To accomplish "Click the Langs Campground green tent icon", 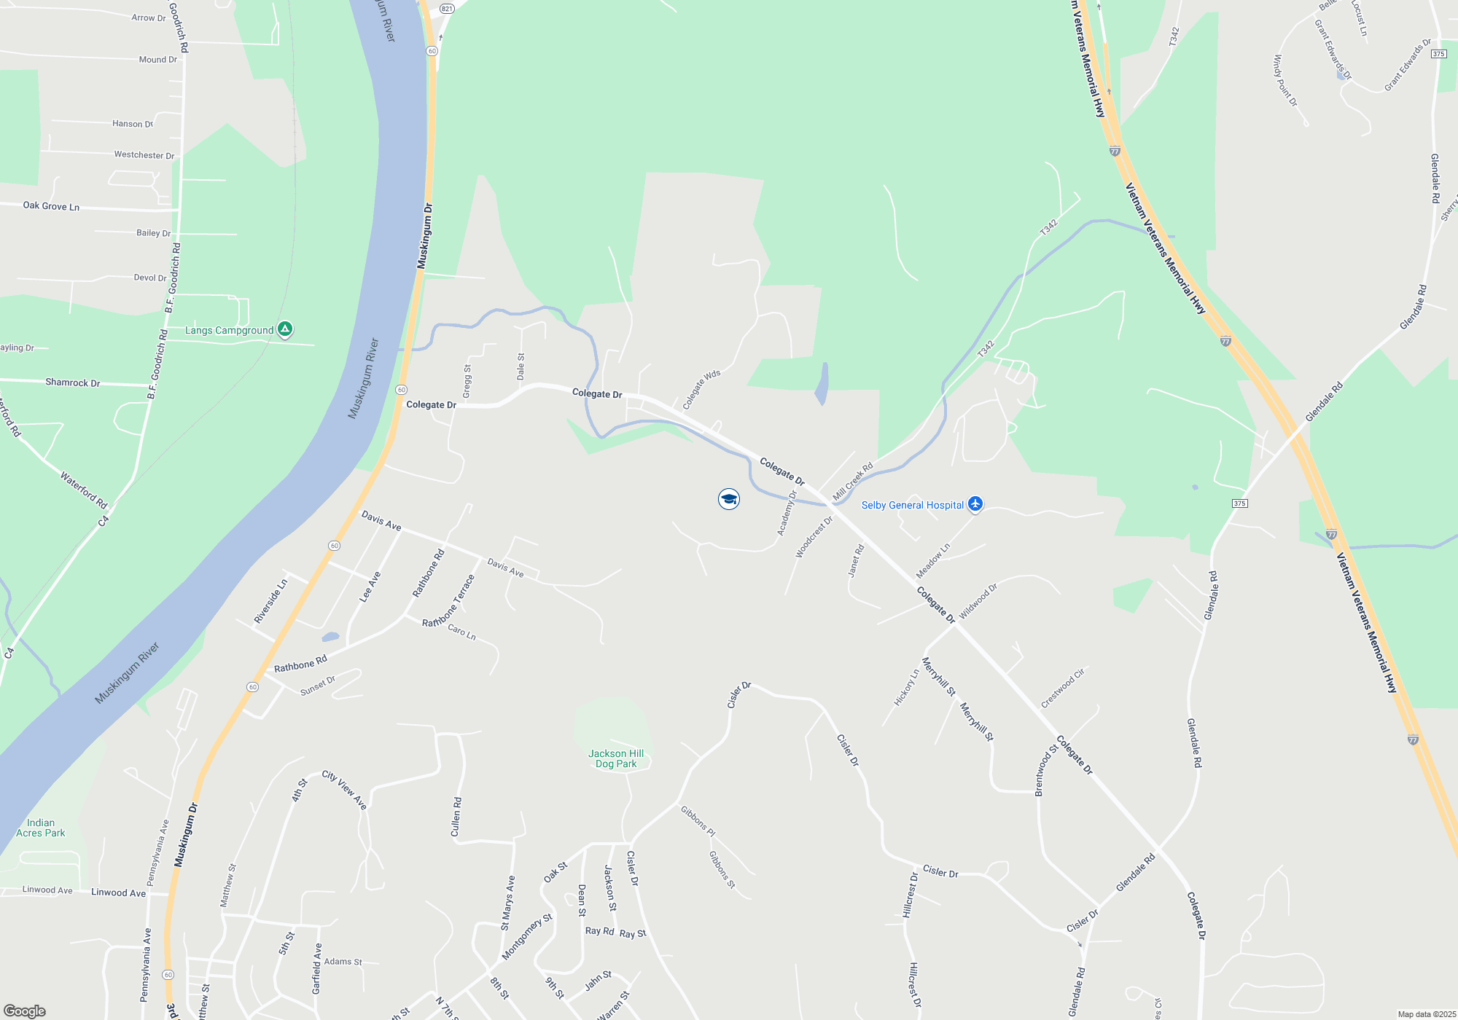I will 285,330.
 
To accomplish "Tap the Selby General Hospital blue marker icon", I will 975,504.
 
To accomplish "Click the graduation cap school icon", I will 728,499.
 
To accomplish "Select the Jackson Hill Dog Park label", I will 616,758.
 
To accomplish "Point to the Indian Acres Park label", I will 41,828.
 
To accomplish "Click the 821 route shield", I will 447,9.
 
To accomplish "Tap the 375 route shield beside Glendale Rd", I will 1239,503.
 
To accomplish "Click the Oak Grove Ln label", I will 51,206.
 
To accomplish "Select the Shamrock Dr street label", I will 72,382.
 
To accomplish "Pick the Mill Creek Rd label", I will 853,481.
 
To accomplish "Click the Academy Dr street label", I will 787,513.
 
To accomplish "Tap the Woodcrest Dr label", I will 814,538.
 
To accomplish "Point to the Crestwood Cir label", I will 1062,688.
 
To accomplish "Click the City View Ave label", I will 344,790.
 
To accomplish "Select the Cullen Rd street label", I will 456,817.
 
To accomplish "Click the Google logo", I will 24,1011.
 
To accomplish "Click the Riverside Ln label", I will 270,601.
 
